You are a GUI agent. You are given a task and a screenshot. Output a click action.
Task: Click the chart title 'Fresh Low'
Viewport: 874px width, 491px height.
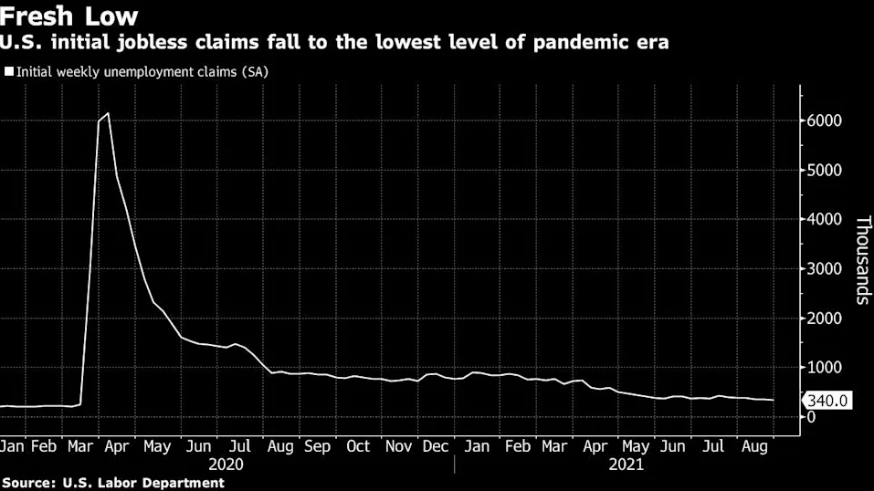pyautogui.click(x=69, y=16)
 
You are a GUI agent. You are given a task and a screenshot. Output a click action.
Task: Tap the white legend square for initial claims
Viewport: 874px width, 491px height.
pyautogui.click(x=9, y=70)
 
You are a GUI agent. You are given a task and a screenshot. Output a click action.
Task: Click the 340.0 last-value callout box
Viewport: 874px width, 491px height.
pyautogui.click(x=827, y=401)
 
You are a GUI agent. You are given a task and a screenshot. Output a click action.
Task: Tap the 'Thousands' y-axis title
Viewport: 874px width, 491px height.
pyautogui.click(x=860, y=260)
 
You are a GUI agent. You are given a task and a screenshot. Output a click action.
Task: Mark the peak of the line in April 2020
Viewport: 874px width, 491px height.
pyautogui.click(x=109, y=113)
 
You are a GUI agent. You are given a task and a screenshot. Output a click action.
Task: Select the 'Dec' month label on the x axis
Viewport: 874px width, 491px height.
pyautogui.click(x=436, y=446)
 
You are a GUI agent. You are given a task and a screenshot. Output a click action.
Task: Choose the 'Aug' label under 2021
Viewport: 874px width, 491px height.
pyautogui.click(x=753, y=446)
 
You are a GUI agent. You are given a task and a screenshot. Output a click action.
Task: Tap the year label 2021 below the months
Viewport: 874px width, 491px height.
pyautogui.click(x=626, y=464)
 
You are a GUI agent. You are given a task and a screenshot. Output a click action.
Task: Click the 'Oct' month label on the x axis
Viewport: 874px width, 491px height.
pyautogui.click(x=358, y=446)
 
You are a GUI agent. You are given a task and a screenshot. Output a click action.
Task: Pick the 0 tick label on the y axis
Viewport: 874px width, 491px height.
pyautogui.click(x=811, y=417)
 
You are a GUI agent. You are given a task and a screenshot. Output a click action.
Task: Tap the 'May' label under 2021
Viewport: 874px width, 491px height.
pyautogui.click(x=635, y=446)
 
